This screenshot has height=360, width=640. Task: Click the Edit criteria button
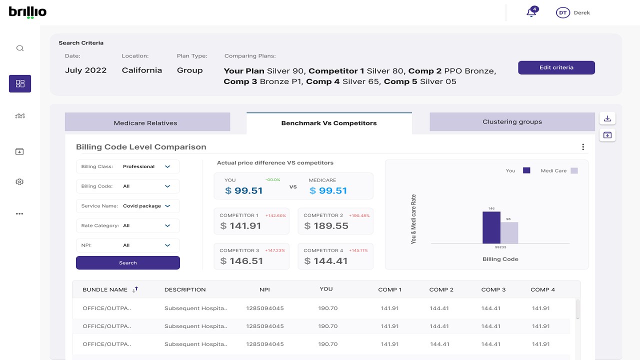coord(556,67)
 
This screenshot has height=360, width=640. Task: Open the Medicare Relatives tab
coord(145,122)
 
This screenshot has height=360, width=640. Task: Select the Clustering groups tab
coord(512,122)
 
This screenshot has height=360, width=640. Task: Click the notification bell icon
coord(531,12)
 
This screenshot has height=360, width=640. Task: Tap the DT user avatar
coord(563,13)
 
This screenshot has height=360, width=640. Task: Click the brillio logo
coord(27,12)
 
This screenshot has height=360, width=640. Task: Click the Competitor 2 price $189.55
coord(326,226)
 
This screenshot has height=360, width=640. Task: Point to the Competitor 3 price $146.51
coord(242,261)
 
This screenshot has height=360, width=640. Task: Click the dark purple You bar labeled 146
coord(491,227)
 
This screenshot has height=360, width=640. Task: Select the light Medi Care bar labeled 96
coord(509,232)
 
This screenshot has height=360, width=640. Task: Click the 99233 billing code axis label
coord(500,247)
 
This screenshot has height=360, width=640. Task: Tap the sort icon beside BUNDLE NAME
coord(135,289)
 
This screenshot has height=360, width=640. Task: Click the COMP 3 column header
coord(493,289)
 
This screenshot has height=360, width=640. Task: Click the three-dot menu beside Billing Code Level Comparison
coord(583,147)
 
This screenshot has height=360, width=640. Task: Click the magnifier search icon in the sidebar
coord(20,48)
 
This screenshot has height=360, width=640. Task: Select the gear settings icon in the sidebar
coord(20,182)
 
